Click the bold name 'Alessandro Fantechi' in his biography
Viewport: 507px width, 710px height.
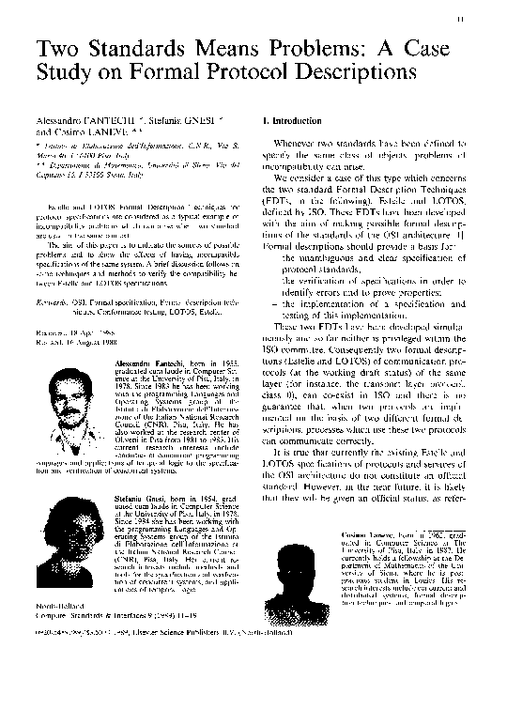[144, 361]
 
